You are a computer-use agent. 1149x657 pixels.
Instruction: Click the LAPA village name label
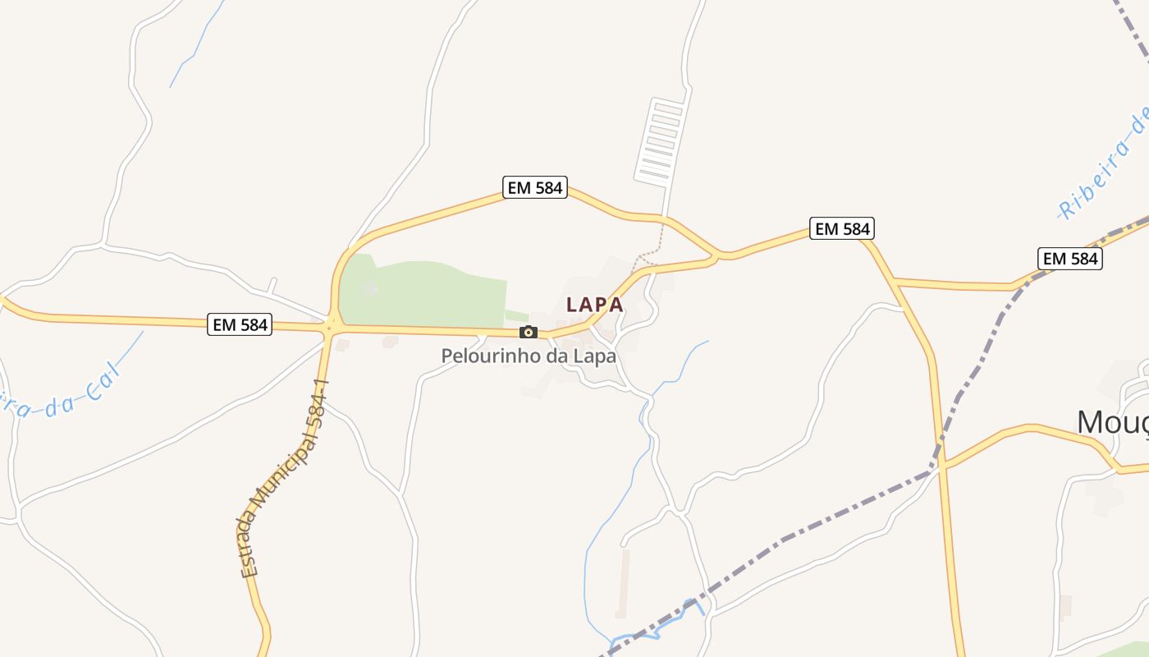click(594, 304)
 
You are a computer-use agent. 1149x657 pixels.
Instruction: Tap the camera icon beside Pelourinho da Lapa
click(529, 332)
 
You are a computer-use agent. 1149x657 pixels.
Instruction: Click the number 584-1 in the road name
click(317, 407)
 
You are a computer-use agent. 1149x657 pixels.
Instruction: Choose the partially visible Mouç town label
click(1112, 422)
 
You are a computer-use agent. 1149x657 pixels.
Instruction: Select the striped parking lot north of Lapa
click(660, 140)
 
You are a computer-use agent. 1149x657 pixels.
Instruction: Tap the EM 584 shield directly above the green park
click(535, 188)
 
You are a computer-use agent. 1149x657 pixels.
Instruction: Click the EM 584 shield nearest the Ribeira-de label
click(1069, 259)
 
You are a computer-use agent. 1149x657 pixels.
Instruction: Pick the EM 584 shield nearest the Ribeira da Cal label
click(240, 324)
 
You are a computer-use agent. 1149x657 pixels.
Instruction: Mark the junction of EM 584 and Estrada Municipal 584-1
click(331, 327)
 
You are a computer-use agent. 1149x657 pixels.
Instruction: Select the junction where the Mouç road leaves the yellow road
click(943, 466)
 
